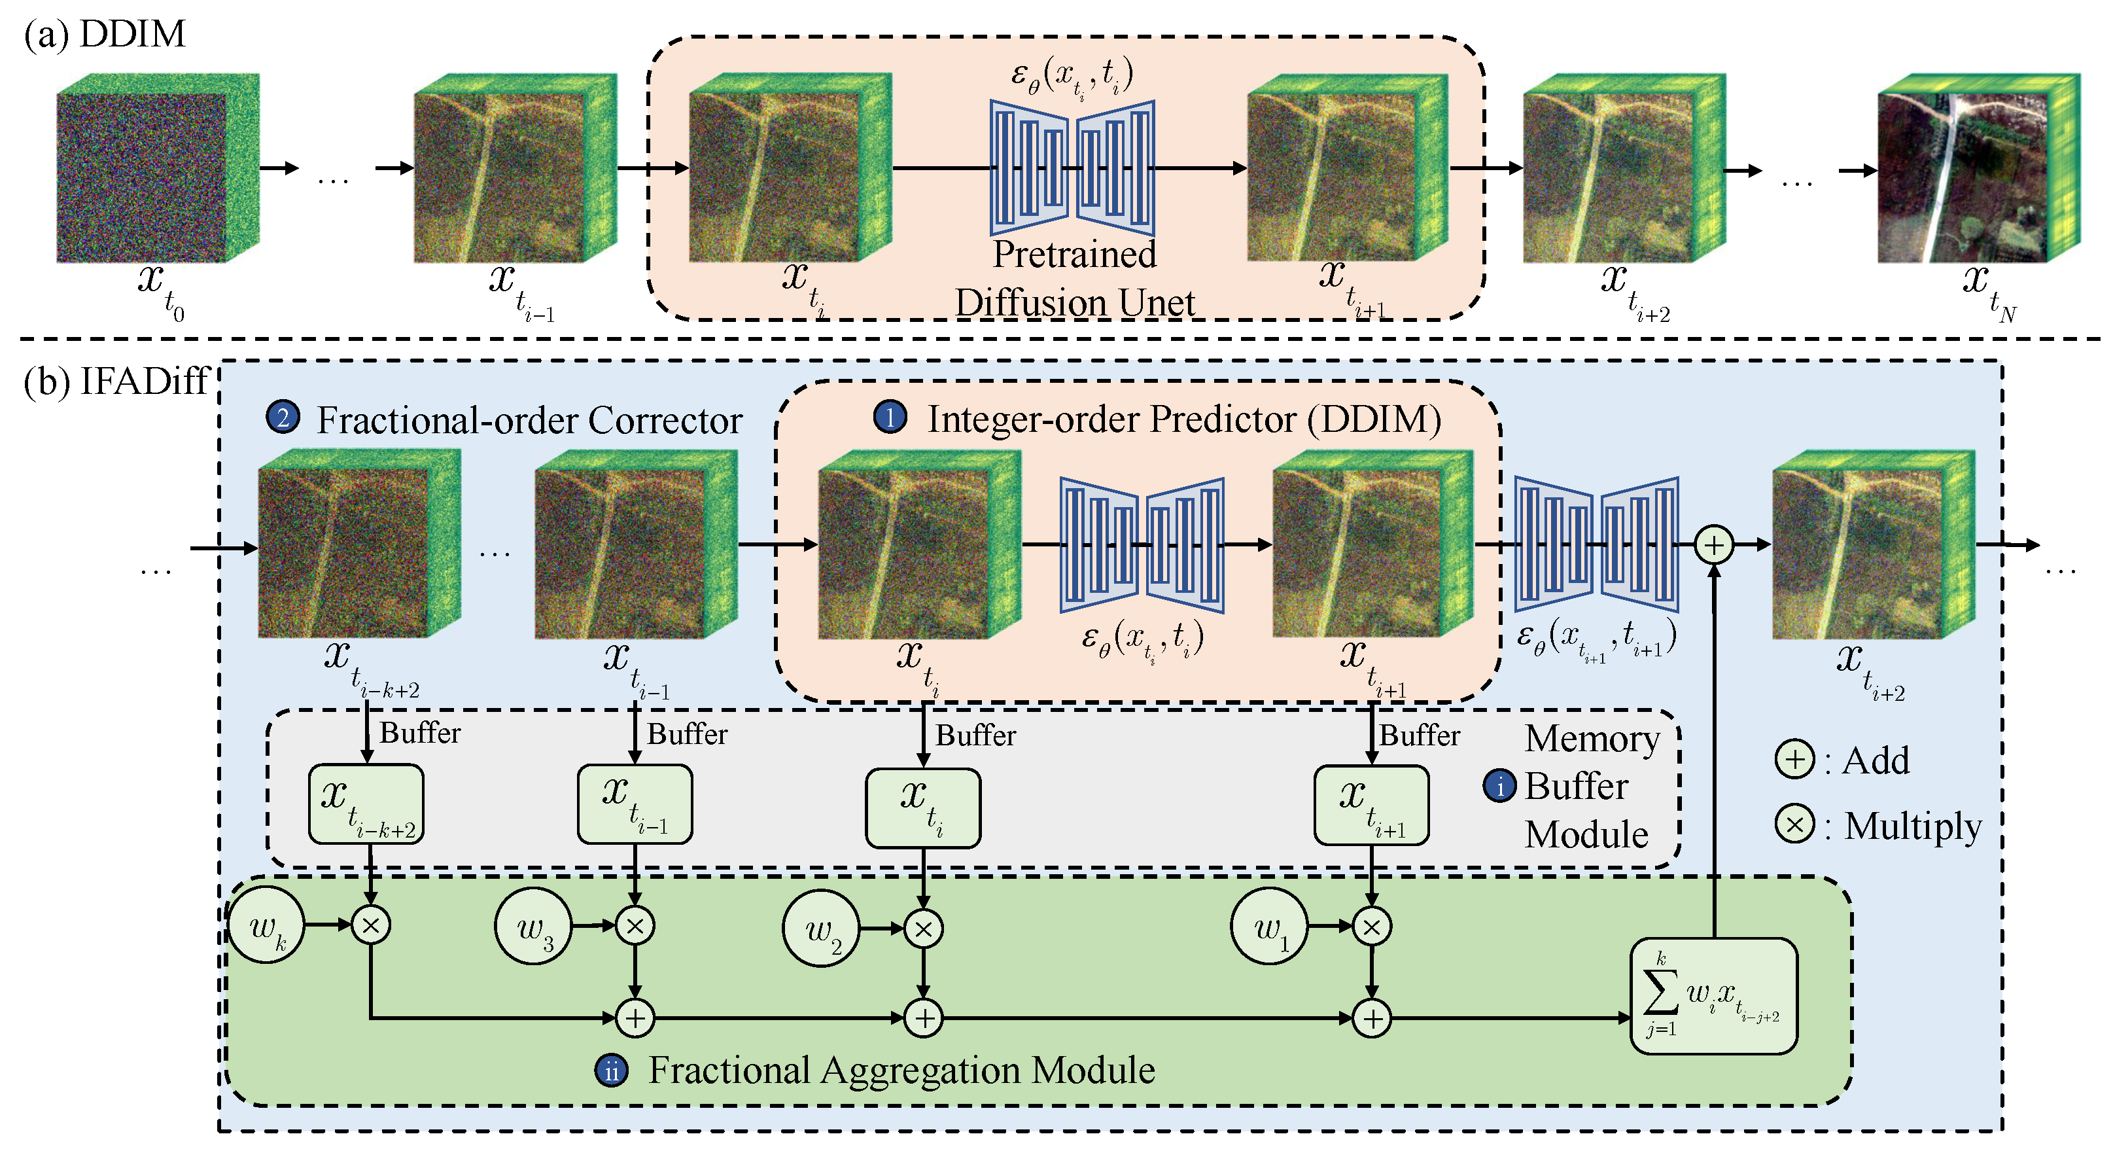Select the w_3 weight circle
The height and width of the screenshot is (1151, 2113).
point(533,925)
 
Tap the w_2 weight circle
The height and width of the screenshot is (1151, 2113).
point(821,929)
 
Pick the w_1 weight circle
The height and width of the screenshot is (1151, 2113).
point(1269,926)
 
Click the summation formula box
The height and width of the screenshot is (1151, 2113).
point(1713,995)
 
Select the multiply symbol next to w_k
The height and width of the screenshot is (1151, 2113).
point(371,925)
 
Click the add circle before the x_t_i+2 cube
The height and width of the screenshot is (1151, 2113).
point(1713,544)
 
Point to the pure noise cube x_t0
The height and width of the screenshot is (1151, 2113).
point(156,168)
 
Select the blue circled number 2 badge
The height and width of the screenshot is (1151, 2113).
point(282,417)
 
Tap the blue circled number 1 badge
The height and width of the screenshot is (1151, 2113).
point(890,417)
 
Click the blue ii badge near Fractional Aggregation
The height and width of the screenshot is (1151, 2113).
point(611,1071)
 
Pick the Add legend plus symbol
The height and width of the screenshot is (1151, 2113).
point(1794,759)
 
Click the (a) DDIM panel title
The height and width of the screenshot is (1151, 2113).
point(105,35)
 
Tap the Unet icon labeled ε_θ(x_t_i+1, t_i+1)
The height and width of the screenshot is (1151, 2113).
point(1596,544)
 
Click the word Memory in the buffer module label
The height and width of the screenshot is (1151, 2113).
point(1592,738)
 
